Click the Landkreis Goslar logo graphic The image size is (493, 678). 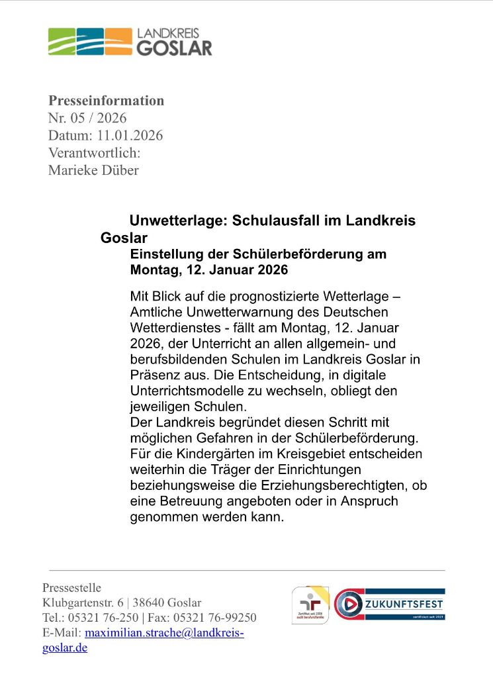pos(90,41)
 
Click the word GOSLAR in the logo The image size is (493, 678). pos(174,48)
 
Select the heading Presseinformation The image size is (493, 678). pos(106,101)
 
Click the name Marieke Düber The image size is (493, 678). pos(93,170)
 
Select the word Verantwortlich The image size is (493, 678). pos(94,153)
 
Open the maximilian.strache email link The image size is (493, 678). pos(164,633)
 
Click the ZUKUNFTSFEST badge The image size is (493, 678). pos(389,604)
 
